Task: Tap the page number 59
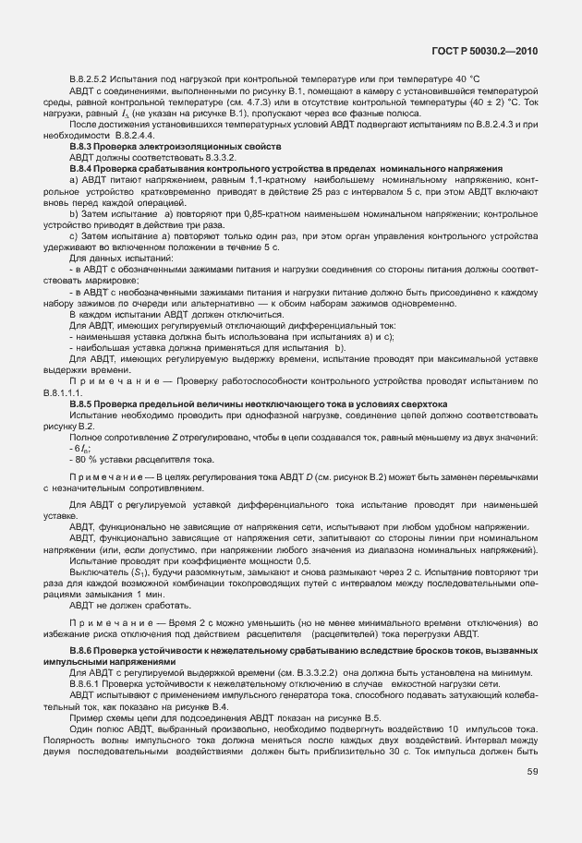[x=532, y=771]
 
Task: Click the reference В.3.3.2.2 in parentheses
[x=289, y=673]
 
